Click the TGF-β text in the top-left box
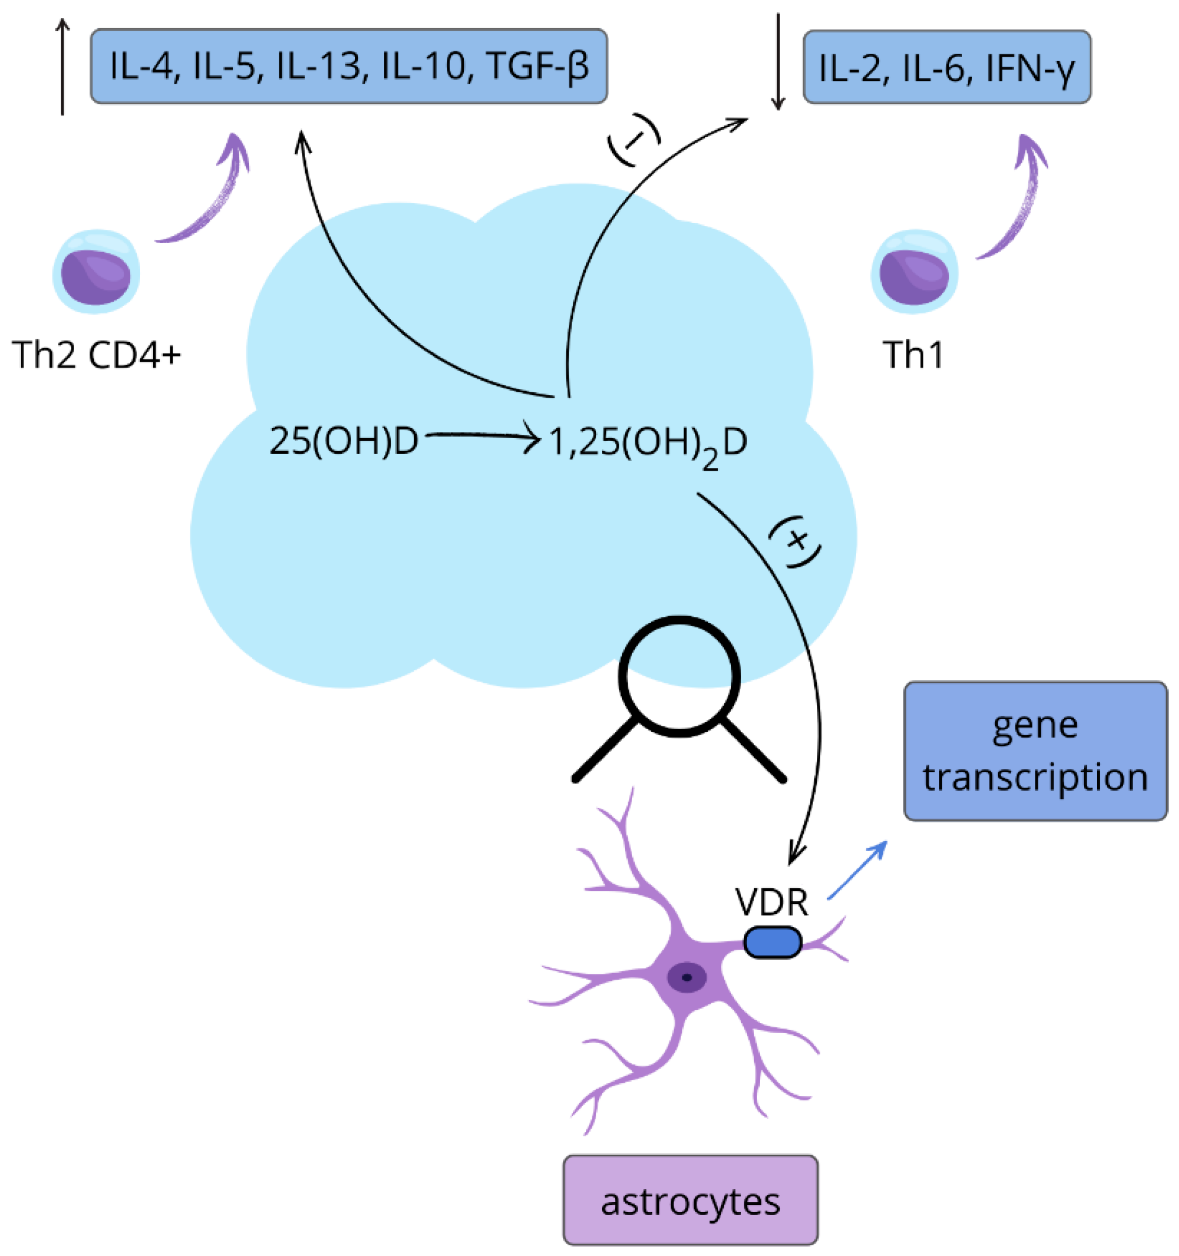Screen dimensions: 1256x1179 (538, 66)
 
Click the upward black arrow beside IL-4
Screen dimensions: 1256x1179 (62, 66)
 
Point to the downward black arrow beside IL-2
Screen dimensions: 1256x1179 (778, 63)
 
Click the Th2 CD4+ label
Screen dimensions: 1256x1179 (96, 355)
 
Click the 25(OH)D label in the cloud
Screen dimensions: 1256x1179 (344, 441)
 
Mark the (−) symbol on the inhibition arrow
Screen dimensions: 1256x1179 (634, 140)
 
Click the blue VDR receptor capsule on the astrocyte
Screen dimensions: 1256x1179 (773, 942)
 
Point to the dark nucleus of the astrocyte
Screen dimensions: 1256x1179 (687, 977)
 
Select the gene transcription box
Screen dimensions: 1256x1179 (1035, 751)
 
